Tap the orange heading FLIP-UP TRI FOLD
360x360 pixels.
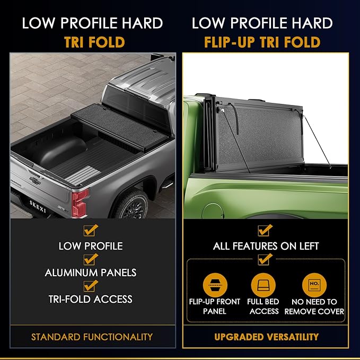[x=262, y=42]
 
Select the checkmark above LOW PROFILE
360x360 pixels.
[x=91, y=231]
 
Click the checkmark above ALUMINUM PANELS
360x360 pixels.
[x=91, y=258]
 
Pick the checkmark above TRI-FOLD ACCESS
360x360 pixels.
[x=91, y=285]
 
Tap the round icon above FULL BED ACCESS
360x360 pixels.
[x=263, y=285]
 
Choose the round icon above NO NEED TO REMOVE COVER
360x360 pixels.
[x=314, y=285]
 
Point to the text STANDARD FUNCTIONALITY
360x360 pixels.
[x=92, y=337]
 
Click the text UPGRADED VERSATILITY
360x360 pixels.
[x=266, y=337]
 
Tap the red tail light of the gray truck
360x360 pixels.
[x=80, y=203]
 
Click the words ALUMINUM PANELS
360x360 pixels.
[x=91, y=273]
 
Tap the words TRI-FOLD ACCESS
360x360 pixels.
[x=91, y=299]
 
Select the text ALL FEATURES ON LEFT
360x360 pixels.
[x=266, y=246]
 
